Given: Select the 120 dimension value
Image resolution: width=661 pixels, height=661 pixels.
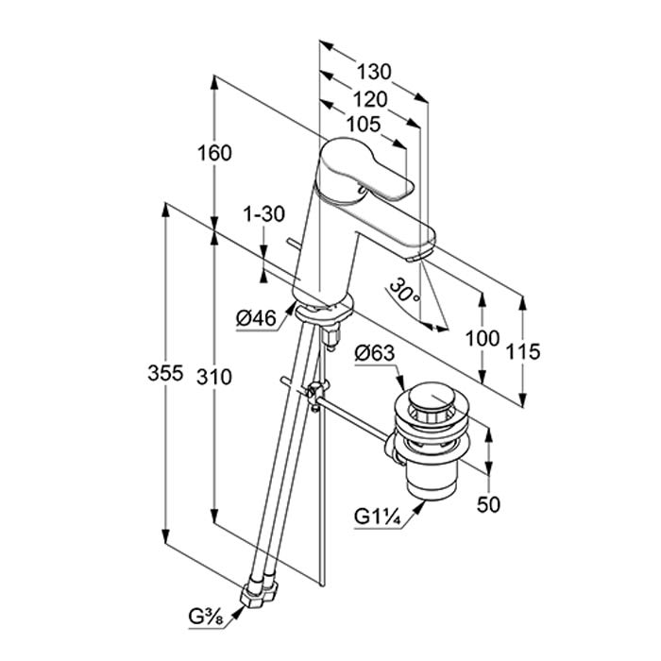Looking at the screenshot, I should pyautogui.click(x=370, y=99).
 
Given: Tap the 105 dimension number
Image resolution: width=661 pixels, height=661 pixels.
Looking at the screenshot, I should pyautogui.click(x=363, y=124).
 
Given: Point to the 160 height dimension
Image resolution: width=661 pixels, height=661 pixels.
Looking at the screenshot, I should pyautogui.click(x=216, y=153).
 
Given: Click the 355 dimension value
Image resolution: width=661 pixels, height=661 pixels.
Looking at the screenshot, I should pyautogui.click(x=165, y=376).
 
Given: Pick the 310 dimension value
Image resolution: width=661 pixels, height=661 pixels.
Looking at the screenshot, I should pyautogui.click(x=216, y=376).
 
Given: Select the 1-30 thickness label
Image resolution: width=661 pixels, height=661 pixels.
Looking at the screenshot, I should pyautogui.click(x=263, y=213).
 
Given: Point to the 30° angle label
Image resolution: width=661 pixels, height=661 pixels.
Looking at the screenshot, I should pyautogui.click(x=406, y=290).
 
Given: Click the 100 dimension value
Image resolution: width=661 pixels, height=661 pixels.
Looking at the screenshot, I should pyautogui.click(x=483, y=338).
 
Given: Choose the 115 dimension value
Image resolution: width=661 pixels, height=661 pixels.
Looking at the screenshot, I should pyautogui.click(x=523, y=352).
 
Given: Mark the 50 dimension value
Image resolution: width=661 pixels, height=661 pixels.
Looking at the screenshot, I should pyautogui.click(x=488, y=505).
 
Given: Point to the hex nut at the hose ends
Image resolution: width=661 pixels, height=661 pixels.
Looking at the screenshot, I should pyautogui.click(x=260, y=592).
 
